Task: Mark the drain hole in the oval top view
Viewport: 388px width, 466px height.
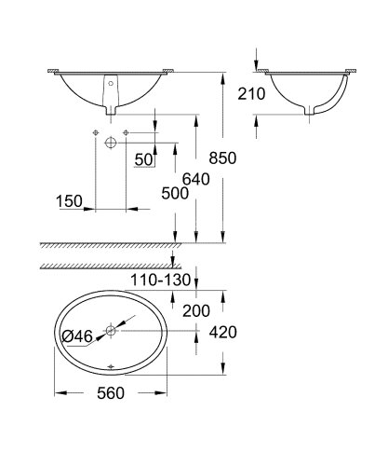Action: point(111,330)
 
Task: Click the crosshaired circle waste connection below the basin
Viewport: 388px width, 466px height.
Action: point(111,141)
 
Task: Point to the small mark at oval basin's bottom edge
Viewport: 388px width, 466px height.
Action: point(111,365)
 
